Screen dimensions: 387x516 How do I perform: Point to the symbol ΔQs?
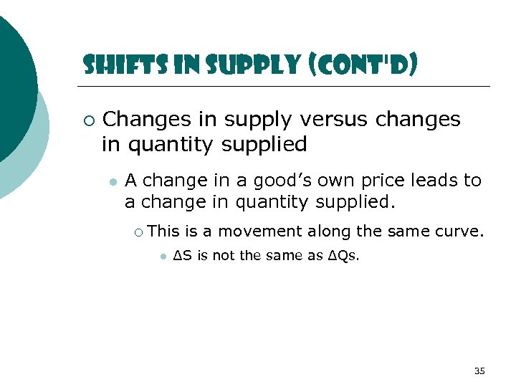click(x=342, y=256)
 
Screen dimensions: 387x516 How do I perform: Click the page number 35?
click(x=479, y=371)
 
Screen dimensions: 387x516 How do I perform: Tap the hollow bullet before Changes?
click(x=87, y=120)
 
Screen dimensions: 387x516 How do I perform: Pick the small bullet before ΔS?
click(x=163, y=257)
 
